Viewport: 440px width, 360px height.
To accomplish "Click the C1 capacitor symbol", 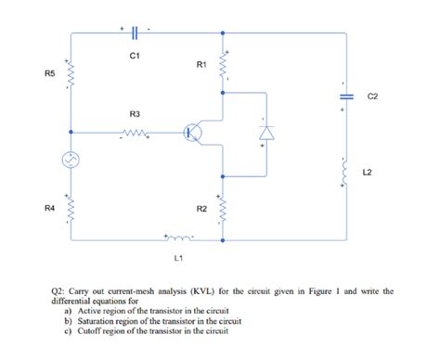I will [136, 32].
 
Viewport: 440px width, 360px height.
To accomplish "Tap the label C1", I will [136, 58].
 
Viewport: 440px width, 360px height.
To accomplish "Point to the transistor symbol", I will [192, 133].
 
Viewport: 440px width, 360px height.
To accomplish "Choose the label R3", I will [135, 113].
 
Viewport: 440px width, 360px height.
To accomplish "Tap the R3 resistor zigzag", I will [135, 133].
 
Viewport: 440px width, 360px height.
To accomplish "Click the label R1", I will [201, 65].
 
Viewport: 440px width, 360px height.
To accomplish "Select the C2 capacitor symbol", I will [344, 96].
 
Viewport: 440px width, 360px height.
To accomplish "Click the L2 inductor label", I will [368, 172].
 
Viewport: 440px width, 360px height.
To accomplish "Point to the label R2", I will [201, 210].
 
